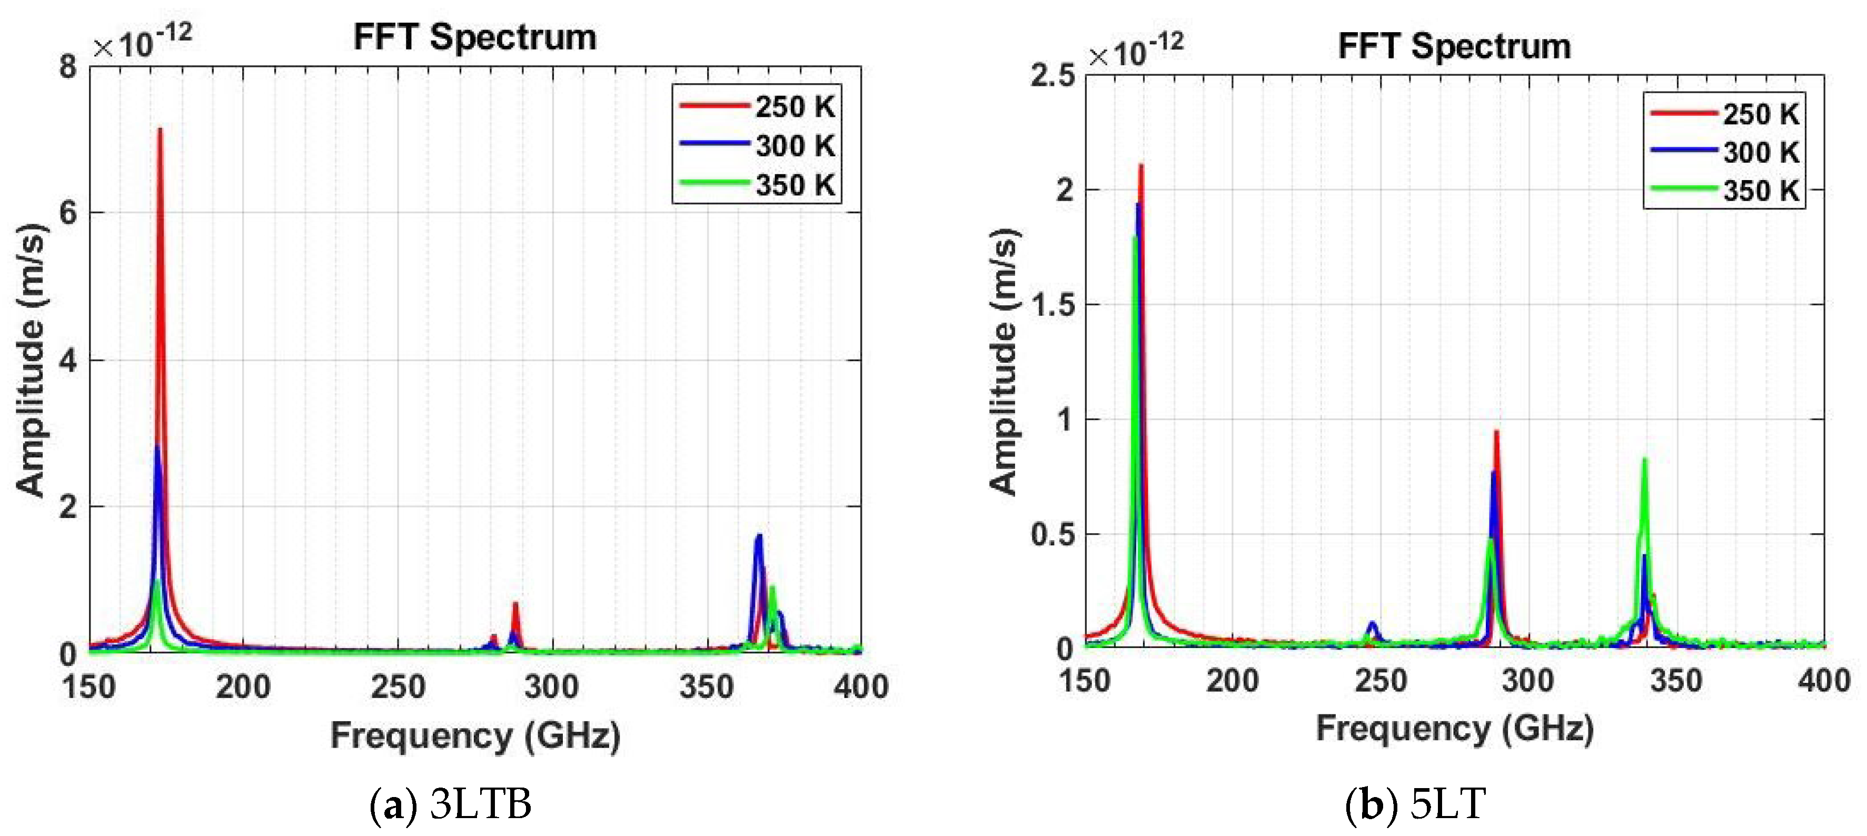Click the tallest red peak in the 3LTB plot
click(x=160, y=131)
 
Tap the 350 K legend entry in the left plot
click(x=757, y=184)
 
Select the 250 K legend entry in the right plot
click(x=1723, y=114)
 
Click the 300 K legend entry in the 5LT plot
click(x=1723, y=152)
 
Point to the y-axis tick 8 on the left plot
click(x=68, y=67)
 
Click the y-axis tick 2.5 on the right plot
click(x=1053, y=75)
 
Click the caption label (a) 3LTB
click(x=451, y=804)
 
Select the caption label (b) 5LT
click(x=1415, y=804)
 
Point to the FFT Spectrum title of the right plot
click(x=1454, y=46)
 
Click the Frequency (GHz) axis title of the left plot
click(x=475, y=735)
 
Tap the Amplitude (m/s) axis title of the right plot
click(x=1005, y=362)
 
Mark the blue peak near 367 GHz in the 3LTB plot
click(x=759, y=537)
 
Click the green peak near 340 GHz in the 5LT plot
click(x=1644, y=461)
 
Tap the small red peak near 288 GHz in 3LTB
click(x=515, y=604)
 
